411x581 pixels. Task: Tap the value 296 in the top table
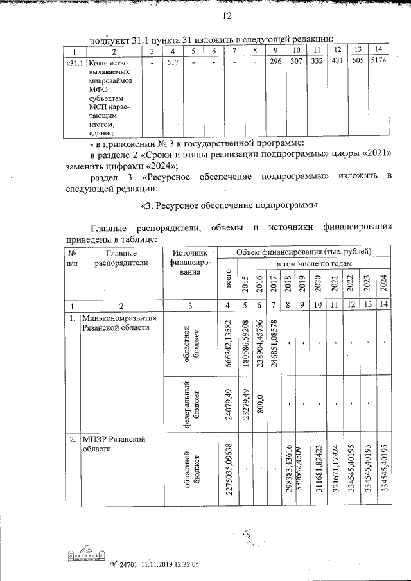[x=275, y=63]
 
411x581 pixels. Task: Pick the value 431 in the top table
[x=336, y=63]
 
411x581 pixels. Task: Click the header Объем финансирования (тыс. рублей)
[x=302, y=251]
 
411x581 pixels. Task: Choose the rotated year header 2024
[x=383, y=283]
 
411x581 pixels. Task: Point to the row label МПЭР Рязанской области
[x=112, y=444]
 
